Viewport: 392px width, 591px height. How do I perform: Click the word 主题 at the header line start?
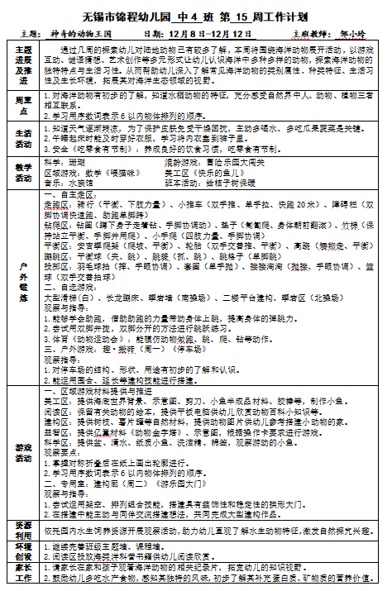(x=24, y=34)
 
